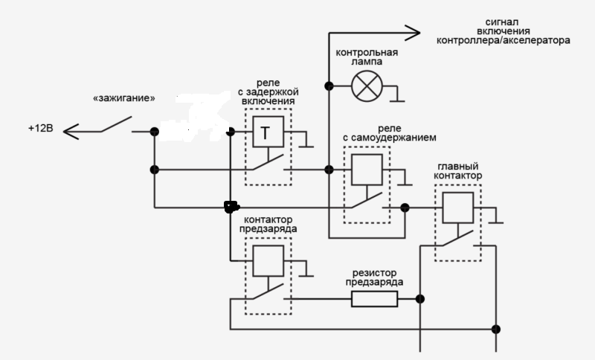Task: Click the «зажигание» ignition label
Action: (123, 97)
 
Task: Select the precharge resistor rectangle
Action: (374, 299)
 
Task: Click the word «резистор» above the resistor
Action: (376, 272)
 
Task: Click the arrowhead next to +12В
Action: (69, 132)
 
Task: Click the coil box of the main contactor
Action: (457, 208)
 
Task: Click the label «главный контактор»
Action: (457, 170)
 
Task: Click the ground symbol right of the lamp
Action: (397, 97)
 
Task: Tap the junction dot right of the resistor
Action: (420, 299)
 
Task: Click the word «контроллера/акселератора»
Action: (504, 41)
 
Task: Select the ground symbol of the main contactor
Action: (498, 220)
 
